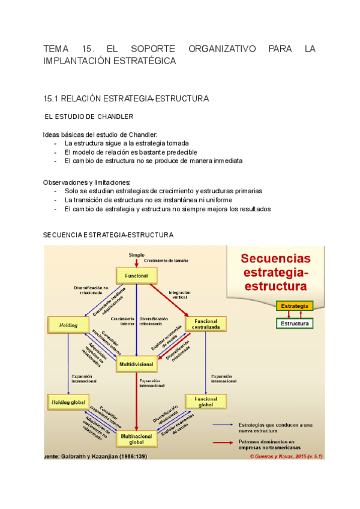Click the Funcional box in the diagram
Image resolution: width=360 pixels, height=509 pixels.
point(136,276)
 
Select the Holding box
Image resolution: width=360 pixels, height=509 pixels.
point(68,324)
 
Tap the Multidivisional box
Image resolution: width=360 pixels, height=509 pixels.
point(136,364)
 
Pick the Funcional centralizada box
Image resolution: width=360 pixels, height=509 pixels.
point(206,324)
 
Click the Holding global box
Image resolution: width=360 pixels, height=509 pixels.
point(68,402)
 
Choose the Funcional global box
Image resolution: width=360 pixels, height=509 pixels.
point(206,402)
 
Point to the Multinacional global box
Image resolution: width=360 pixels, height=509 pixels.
point(136,439)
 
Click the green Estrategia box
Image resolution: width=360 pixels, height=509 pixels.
point(294,306)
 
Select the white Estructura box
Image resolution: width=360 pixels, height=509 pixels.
point(294,324)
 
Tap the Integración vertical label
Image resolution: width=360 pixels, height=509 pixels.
point(179,295)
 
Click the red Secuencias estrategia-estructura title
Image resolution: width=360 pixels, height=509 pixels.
point(275,271)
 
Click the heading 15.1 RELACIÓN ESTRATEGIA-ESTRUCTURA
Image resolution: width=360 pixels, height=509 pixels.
point(126,97)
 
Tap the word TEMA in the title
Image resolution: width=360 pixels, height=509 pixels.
point(57,48)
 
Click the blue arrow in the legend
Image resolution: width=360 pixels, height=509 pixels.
point(223,424)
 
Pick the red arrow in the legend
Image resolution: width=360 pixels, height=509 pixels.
point(223,442)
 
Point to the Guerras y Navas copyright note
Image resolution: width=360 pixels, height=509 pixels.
point(286,456)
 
